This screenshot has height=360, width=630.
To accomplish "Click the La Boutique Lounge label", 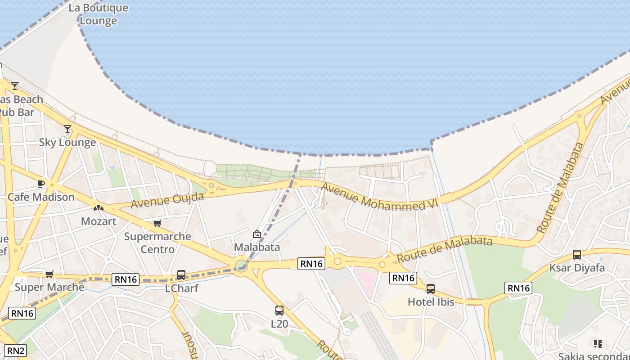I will pos(98,14).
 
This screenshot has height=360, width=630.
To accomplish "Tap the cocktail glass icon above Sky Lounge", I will pos(67,129).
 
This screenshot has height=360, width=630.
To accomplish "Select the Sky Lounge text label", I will pos(67,143).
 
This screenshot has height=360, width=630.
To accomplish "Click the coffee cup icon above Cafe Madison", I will pos(40,184).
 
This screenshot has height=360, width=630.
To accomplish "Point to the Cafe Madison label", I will pos(41,197).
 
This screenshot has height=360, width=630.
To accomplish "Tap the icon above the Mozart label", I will pos(98,208).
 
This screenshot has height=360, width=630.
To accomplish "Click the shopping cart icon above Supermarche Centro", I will pos(157,223).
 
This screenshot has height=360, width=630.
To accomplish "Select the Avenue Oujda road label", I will pos(167,200).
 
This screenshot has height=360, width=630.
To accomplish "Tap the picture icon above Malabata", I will pos(257,234).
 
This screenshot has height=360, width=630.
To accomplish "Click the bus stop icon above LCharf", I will pos(181,274).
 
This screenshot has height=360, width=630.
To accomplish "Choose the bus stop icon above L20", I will pos(279,310).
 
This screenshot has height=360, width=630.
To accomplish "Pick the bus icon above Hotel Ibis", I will pos(431,288).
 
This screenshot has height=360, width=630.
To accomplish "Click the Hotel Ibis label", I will pos(431,302).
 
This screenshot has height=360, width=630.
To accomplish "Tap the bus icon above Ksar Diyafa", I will pos(577,255).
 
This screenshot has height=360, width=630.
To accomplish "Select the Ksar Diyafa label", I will pos(577,268).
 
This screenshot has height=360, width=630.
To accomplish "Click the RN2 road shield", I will pos(16,351).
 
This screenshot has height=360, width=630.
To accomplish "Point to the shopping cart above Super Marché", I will pos(49,274).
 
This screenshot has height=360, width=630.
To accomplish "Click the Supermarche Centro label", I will pos(157,243).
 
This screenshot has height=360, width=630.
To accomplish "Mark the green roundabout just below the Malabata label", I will pos(241,264).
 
